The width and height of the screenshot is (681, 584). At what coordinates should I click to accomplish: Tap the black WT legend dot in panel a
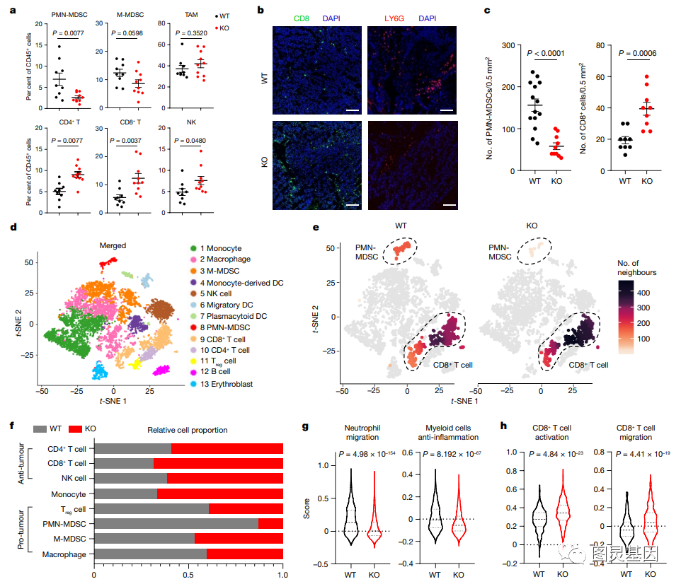pyautogui.click(x=216, y=14)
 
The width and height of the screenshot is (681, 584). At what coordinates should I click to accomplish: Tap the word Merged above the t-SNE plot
pyautogui.click(x=113, y=246)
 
